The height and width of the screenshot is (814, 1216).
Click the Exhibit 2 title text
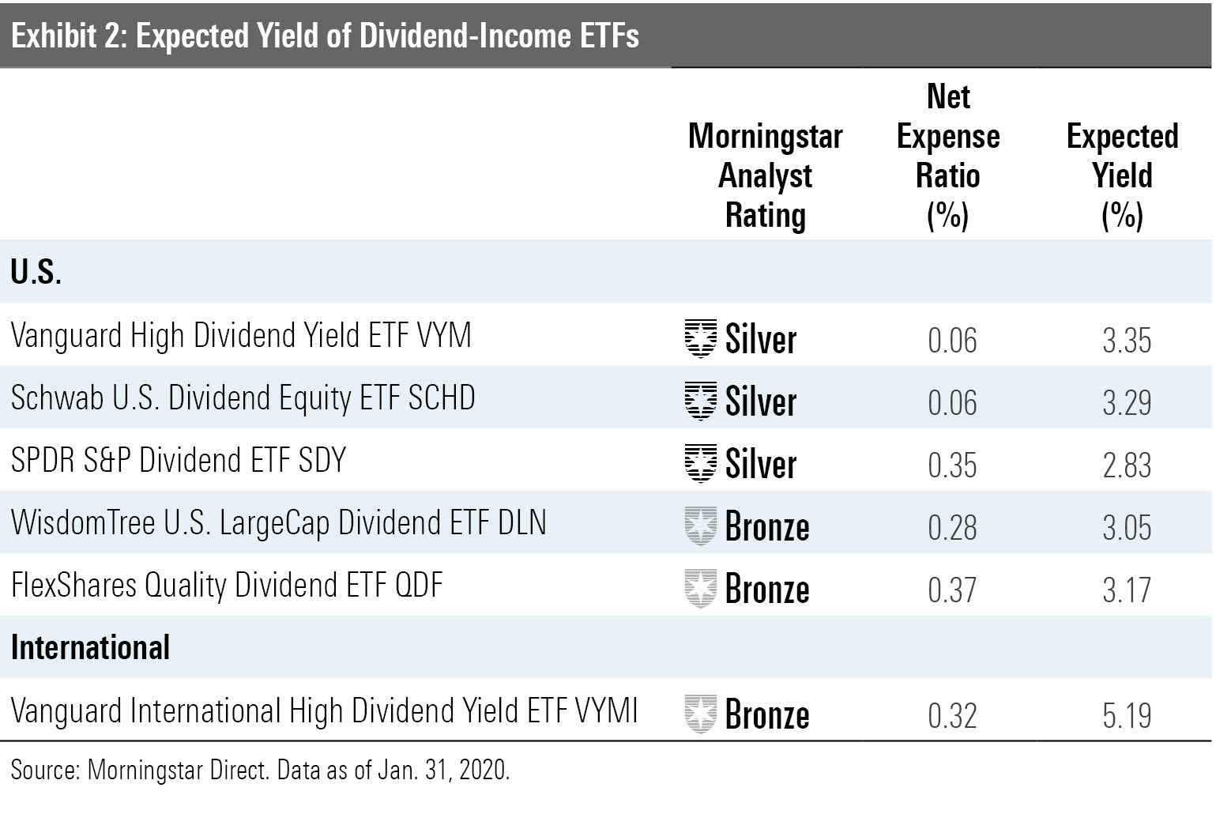(x=325, y=36)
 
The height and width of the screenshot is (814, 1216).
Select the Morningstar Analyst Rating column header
(x=765, y=175)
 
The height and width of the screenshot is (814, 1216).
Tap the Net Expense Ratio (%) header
(x=948, y=156)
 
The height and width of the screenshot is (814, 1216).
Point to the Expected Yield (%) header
(x=1122, y=175)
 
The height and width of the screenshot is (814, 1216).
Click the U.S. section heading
(x=36, y=272)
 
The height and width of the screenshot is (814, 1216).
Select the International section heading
(x=90, y=647)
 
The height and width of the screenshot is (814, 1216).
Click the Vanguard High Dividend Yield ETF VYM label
(x=241, y=336)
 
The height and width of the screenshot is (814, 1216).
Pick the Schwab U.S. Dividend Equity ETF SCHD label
(x=243, y=398)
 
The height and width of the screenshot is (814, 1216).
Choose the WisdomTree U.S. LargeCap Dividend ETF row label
(x=278, y=523)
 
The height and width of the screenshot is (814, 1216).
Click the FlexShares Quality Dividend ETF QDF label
(x=227, y=586)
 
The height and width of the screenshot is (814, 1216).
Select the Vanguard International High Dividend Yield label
(x=324, y=710)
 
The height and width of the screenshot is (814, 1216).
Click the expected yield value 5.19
(x=1127, y=716)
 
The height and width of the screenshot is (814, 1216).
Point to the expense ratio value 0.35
(x=952, y=465)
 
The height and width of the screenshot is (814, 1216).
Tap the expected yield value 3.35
(x=1127, y=341)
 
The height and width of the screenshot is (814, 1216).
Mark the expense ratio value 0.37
(x=952, y=590)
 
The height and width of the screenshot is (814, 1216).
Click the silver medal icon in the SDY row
(x=700, y=463)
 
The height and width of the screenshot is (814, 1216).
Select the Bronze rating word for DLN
(x=766, y=527)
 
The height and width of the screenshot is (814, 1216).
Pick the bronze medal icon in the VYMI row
(x=700, y=714)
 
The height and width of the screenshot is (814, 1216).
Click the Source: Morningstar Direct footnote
(x=260, y=770)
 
